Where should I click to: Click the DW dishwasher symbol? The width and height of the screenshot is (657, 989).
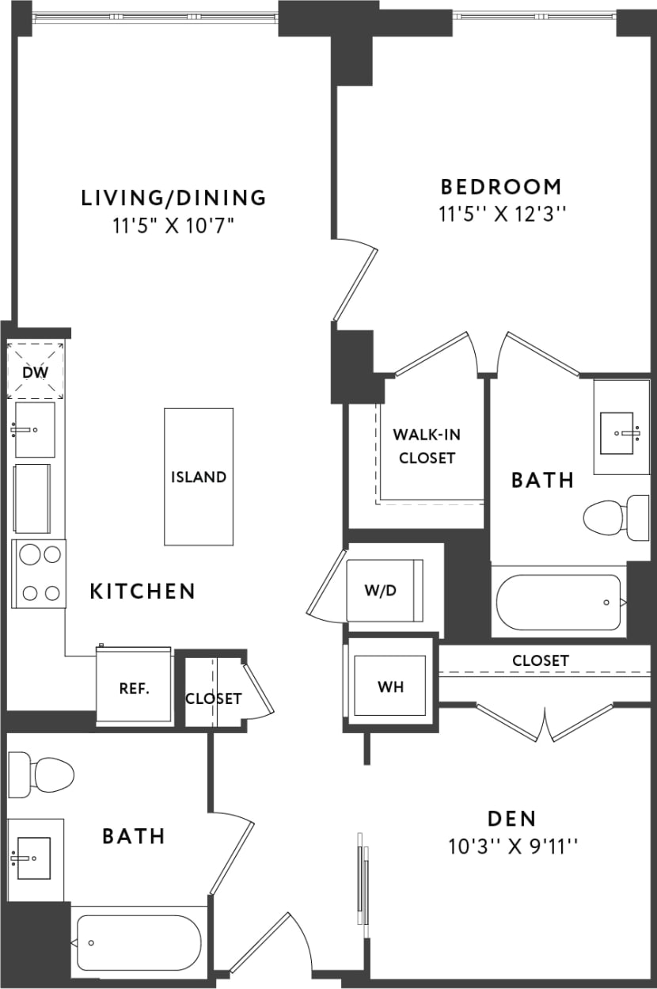(36, 371)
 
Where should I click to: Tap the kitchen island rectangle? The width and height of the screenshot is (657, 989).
(199, 476)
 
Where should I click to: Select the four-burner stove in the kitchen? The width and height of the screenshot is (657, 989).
(39, 572)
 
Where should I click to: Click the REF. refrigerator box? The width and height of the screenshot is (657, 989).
(134, 687)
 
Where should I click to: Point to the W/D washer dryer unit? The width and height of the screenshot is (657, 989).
(385, 590)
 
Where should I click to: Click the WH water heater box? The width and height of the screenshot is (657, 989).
(390, 686)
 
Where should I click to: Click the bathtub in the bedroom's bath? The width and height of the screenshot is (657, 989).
(559, 602)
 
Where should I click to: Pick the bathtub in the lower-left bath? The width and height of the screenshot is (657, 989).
(138, 942)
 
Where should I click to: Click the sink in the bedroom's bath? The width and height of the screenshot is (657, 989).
(621, 432)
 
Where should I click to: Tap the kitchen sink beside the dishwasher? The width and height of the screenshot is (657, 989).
(35, 429)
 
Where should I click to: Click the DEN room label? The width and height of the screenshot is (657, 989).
(512, 818)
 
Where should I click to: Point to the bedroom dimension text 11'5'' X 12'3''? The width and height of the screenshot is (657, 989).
(504, 214)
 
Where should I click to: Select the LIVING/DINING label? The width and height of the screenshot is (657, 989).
(174, 197)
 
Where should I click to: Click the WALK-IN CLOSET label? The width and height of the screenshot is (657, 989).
(427, 446)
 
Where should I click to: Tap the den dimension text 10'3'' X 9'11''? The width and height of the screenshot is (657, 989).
(513, 846)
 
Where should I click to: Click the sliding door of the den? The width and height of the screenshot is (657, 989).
(363, 879)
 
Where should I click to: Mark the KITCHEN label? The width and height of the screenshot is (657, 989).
(142, 591)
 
